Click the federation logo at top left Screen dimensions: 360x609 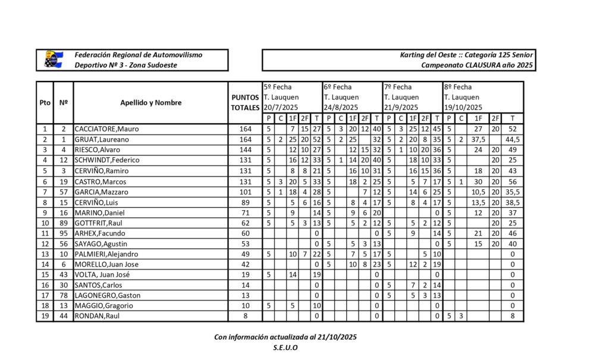click(x=54, y=60)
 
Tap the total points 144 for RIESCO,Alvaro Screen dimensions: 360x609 click(x=245, y=149)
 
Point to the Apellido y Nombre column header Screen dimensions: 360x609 click(x=150, y=102)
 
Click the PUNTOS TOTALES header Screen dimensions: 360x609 click(x=245, y=102)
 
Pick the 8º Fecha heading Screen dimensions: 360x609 click(x=458, y=87)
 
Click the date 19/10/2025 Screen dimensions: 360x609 click(x=463, y=108)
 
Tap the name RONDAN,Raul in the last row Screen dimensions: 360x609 click(x=96, y=316)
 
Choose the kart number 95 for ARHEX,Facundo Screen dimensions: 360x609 click(x=63, y=233)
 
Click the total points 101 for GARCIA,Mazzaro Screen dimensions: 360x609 click(x=245, y=191)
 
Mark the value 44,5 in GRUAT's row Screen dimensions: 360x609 click(x=513, y=139)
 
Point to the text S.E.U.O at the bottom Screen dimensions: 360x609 click(x=285, y=348)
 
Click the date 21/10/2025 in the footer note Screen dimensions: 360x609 click(x=335, y=337)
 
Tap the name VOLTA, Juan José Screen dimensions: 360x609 click(x=101, y=274)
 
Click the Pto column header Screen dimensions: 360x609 click(x=45, y=102)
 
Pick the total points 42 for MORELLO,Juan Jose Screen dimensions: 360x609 click(x=245, y=264)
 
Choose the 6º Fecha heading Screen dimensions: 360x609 click(x=338, y=87)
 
